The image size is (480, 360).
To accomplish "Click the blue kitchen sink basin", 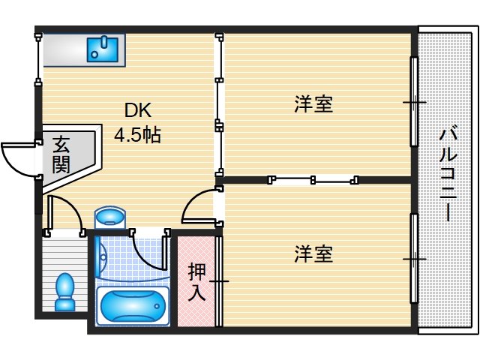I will (103, 49).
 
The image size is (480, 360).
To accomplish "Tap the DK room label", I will (137, 111).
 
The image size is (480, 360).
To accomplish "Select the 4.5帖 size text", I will (136, 136).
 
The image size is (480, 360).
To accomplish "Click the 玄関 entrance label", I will (61, 154).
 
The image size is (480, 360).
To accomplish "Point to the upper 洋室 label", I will (313, 104).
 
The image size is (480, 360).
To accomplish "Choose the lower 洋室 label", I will (313, 254).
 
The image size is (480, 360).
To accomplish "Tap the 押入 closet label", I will (196, 280).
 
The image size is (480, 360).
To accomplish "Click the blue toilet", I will (65, 290).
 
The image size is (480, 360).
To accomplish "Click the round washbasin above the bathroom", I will (111, 218).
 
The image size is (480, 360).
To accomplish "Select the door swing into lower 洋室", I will (199, 207).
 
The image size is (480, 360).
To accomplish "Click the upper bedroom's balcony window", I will (413, 101).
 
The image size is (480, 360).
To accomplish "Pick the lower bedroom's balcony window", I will (413, 259).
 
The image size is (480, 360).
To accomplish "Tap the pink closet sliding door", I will (219, 281).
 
